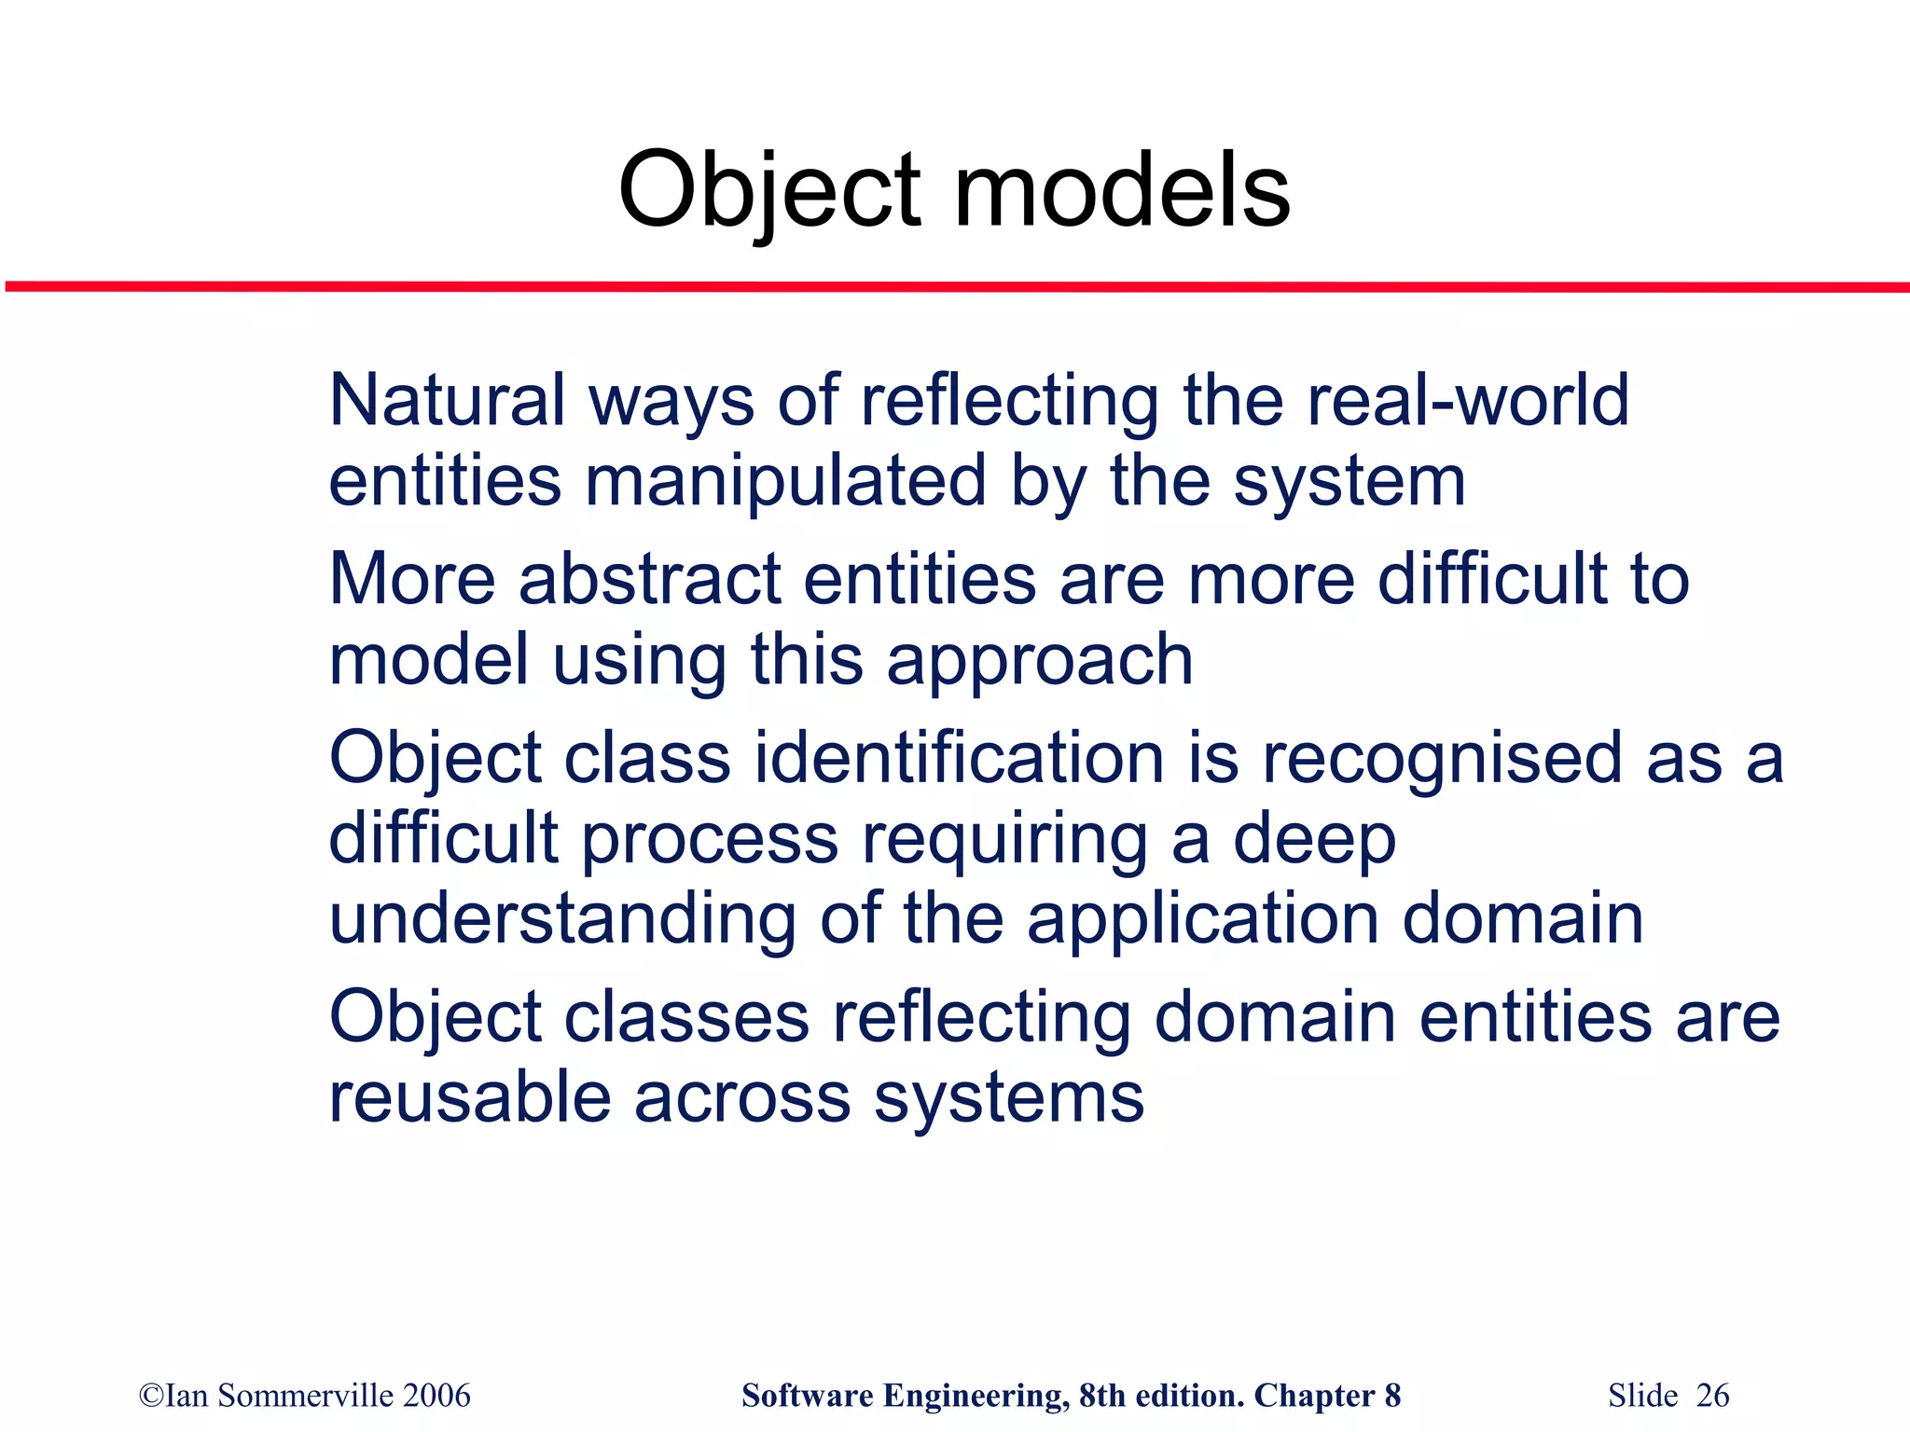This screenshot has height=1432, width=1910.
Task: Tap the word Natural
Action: tap(447, 400)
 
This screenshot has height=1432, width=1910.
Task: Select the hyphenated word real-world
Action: tap(1468, 400)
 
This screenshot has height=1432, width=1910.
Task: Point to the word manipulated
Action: tap(785, 481)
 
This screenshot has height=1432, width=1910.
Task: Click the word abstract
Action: tap(649, 579)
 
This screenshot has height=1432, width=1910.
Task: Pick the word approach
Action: tap(1039, 660)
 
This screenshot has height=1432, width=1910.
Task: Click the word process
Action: tap(710, 838)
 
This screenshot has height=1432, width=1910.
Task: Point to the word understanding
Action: tap(562, 918)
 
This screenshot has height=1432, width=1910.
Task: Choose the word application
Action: tap(1202, 918)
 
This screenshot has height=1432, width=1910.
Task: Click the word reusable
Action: tap(470, 1097)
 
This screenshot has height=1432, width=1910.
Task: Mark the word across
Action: tap(742, 1097)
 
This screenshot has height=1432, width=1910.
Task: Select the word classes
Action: tap(686, 1016)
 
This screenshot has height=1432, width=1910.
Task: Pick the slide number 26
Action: tap(1712, 1396)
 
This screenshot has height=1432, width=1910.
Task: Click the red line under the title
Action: tap(955, 286)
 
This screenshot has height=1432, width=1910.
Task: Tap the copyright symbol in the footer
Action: tap(150, 1396)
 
